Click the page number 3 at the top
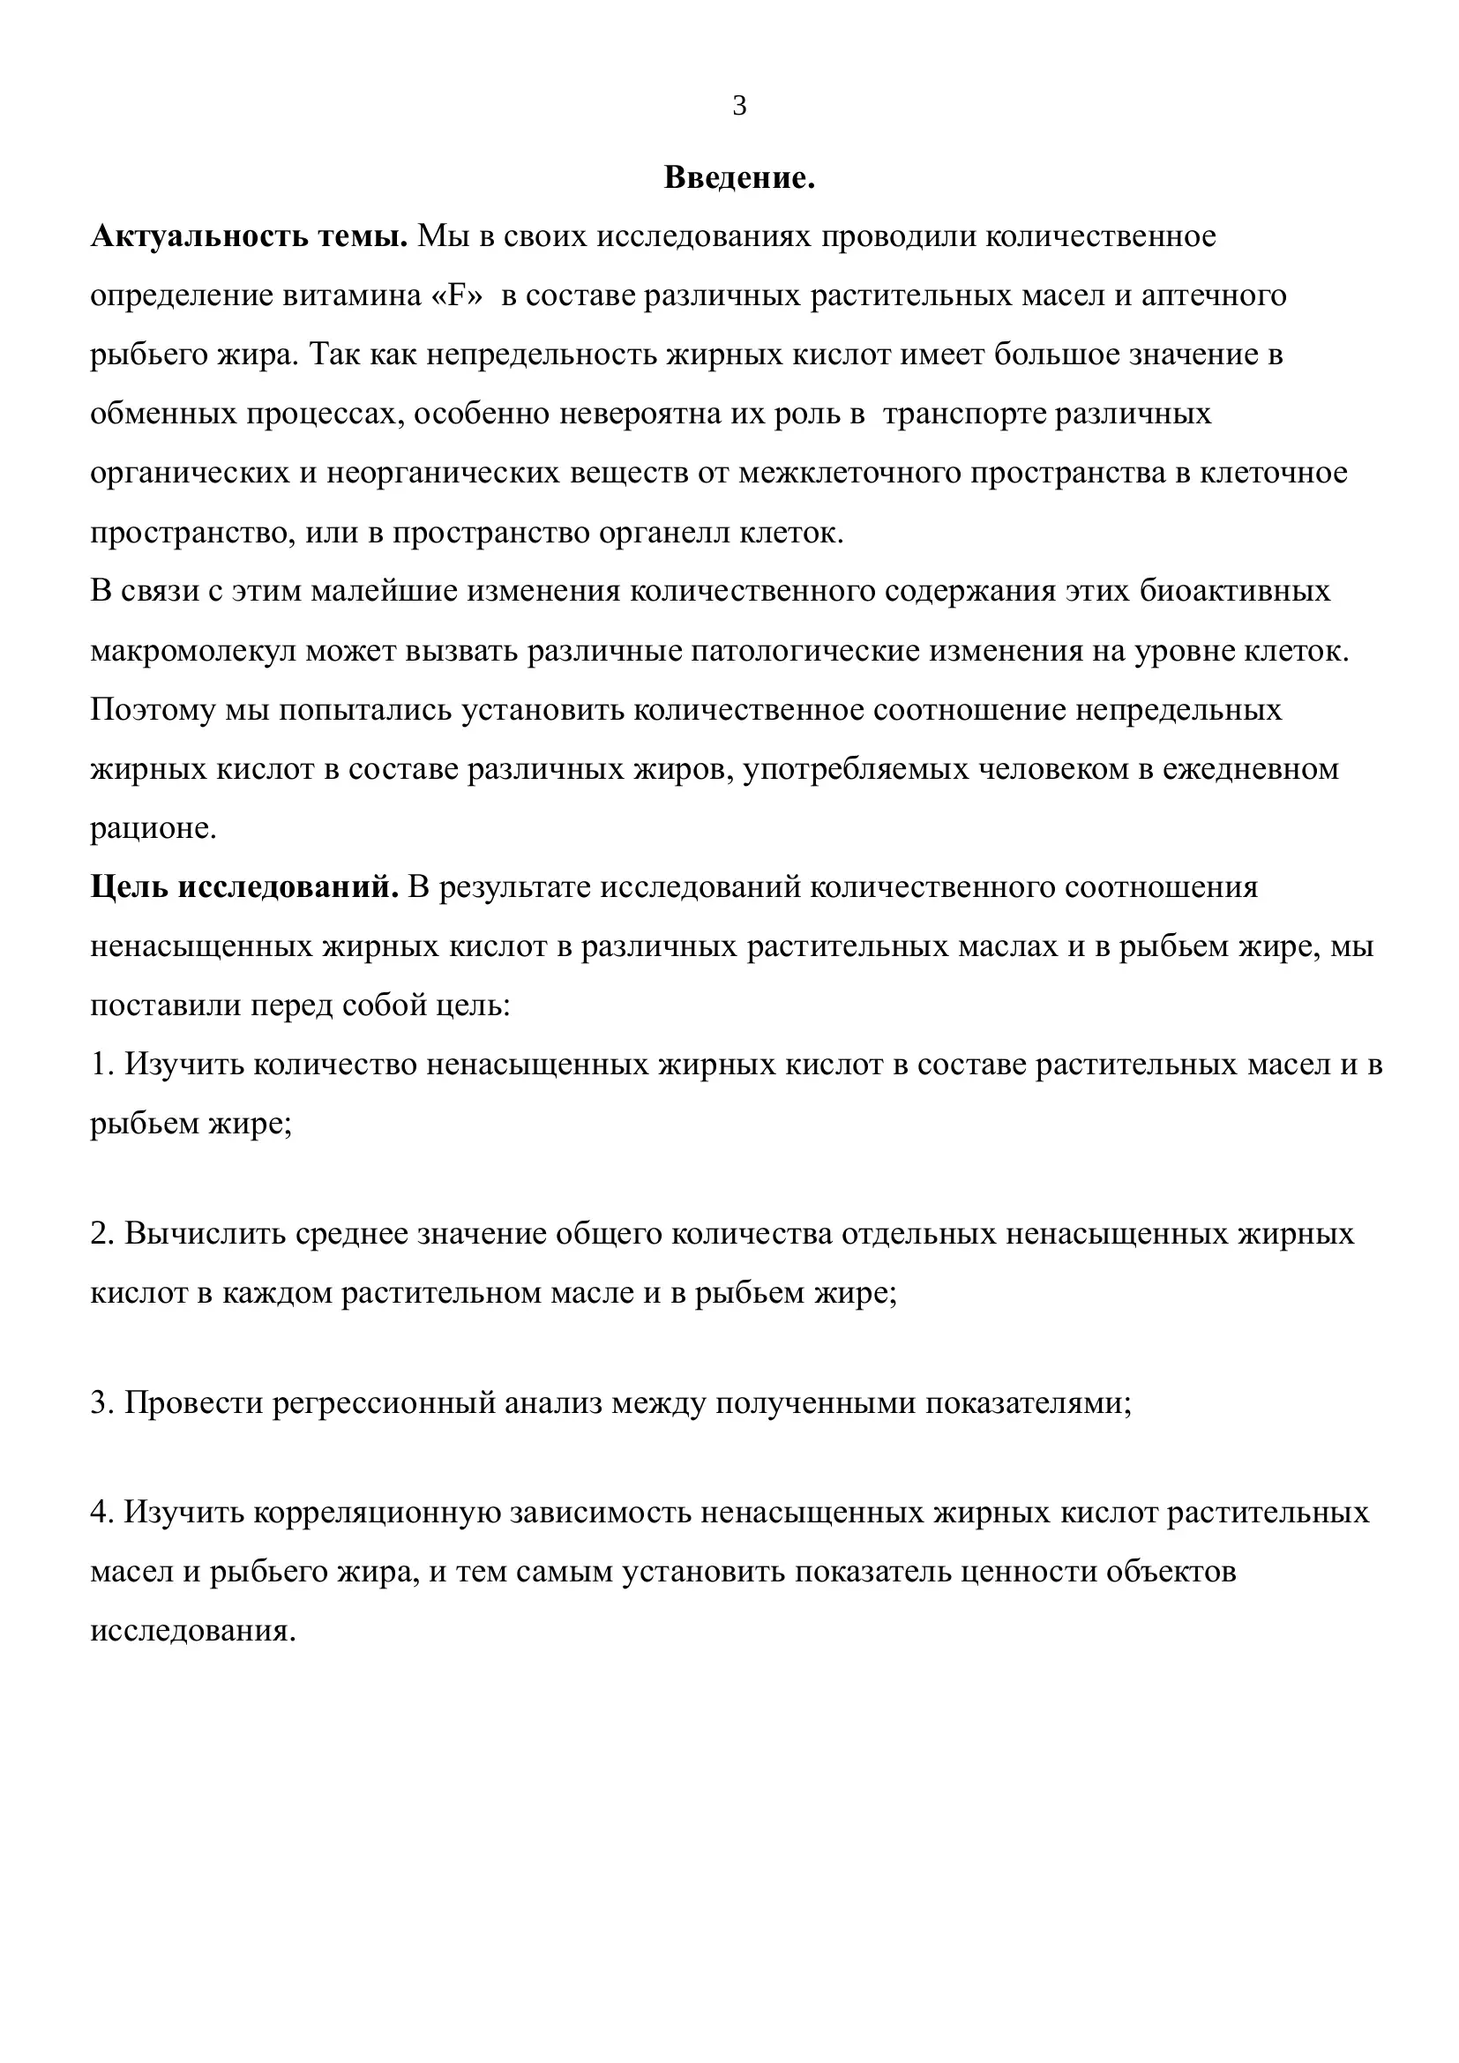[739, 106]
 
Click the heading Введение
[739, 178]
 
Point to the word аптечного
[1214, 295]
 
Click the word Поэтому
[152, 710]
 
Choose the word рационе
[153, 828]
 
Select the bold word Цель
[130, 886]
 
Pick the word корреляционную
[377, 1513]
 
